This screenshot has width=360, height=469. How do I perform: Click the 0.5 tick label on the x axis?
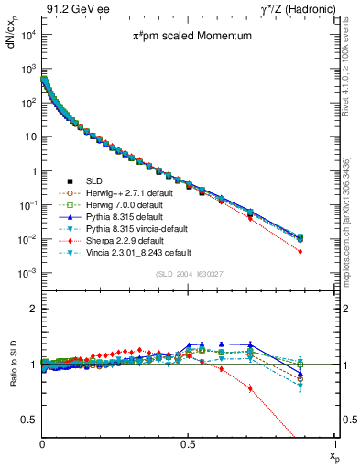[x=189, y=442]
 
